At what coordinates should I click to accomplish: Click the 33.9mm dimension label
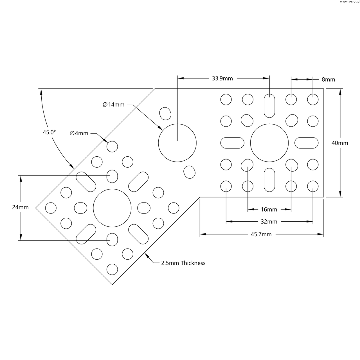(222, 78)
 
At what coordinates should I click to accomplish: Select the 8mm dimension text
(328, 80)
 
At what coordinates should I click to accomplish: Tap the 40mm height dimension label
(340, 143)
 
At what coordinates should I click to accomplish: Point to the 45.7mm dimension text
(261, 234)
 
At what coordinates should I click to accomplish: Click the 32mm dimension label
(269, 222)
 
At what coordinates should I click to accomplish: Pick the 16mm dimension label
(269, 210)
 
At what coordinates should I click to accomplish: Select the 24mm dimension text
(20, 207)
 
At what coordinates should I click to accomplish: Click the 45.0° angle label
(49, 132)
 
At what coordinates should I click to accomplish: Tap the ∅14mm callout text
(113, 105)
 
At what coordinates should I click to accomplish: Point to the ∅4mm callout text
(79, 133)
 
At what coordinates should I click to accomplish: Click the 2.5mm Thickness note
(183, 263)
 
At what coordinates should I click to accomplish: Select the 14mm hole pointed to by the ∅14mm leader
(177, 143)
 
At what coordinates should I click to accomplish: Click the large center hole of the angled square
(112, 208)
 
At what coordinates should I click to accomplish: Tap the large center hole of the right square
(269, 143)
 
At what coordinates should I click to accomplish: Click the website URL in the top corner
(350, 2)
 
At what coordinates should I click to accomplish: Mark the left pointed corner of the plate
(36, 208)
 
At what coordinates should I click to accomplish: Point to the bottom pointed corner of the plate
(112, 284)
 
